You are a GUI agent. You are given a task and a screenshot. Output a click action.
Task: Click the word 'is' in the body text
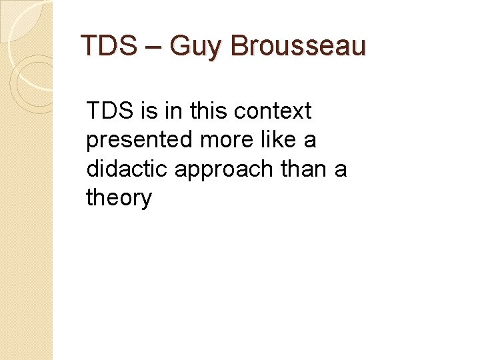(150, 111)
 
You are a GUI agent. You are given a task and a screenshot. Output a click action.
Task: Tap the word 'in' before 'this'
(173, 111)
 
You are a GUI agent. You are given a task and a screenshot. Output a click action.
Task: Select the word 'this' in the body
(207, 111)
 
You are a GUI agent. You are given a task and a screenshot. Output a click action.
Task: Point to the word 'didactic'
(127, 169)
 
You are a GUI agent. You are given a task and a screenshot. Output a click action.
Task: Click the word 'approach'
(224, 170)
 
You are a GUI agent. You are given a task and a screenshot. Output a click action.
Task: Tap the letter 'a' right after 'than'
(341, 170)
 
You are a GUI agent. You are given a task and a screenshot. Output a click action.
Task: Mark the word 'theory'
(119, 199)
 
